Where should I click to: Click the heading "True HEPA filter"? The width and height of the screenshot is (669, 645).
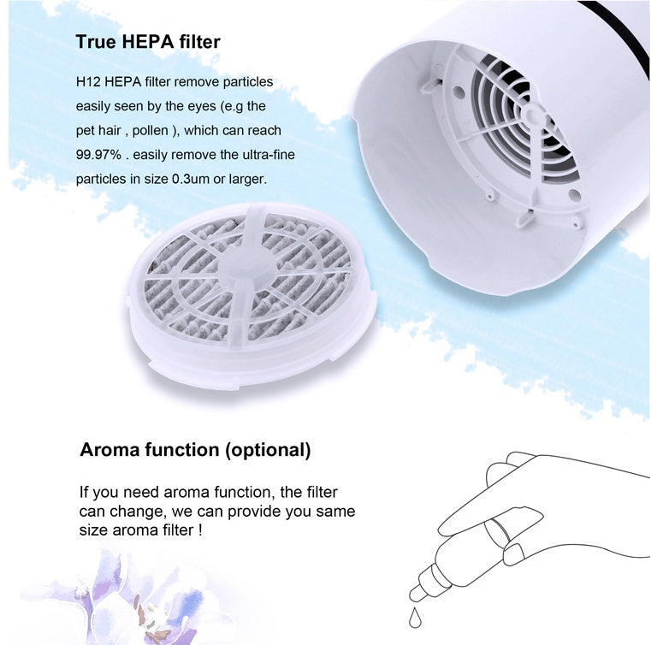click(148, 42)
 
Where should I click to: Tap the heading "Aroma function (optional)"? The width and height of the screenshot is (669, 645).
click(195, 450)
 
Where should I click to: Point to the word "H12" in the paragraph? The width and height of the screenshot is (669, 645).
click(88, 82)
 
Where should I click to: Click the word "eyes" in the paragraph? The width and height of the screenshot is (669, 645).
click(216, 106)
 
